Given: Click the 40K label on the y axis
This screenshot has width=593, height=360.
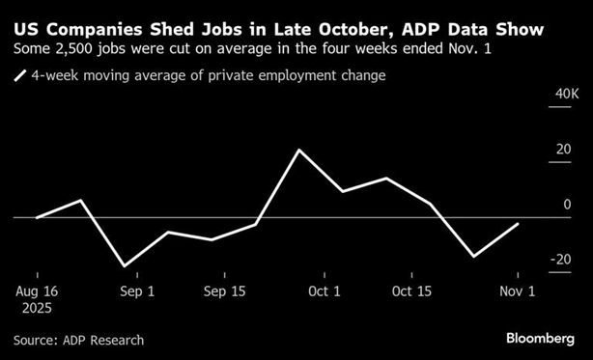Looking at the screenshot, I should pyautogui.click(x=564, y=94).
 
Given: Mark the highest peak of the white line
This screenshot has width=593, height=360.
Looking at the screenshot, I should pyautogui.click(x=298, y=151).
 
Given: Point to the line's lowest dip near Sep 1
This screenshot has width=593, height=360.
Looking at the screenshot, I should pyautogui.click(x=124, y=265).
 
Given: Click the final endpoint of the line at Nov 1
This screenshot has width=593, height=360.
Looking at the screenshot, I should pyautogui.click(x=519, y=224).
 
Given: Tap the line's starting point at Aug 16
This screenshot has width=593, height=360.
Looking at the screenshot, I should pyautogui.click(x=36, y=218).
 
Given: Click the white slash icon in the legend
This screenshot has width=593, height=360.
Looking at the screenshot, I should pyautogui.click(x=20, y=75).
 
